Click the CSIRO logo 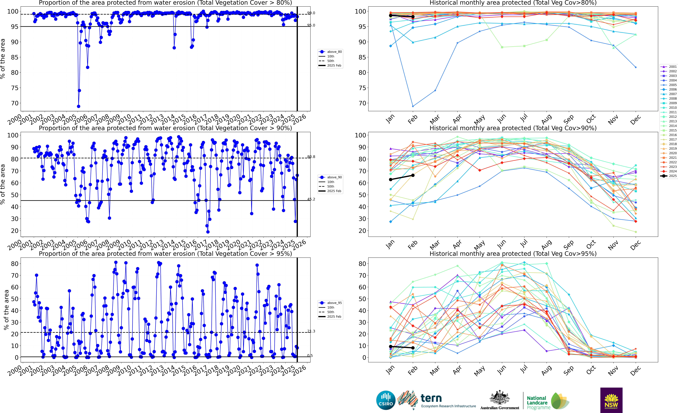tap(386, 400)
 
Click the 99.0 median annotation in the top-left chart tap(311, 13)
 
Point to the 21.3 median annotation tap(311, 331)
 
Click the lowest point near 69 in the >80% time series tap(78, 106)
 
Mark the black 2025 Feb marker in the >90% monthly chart tap(413, 175)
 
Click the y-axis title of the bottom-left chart tap(6, 310)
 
